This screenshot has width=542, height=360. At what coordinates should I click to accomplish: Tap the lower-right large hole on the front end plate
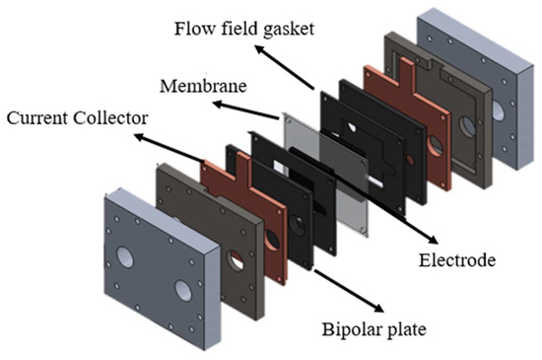(184, 292)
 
